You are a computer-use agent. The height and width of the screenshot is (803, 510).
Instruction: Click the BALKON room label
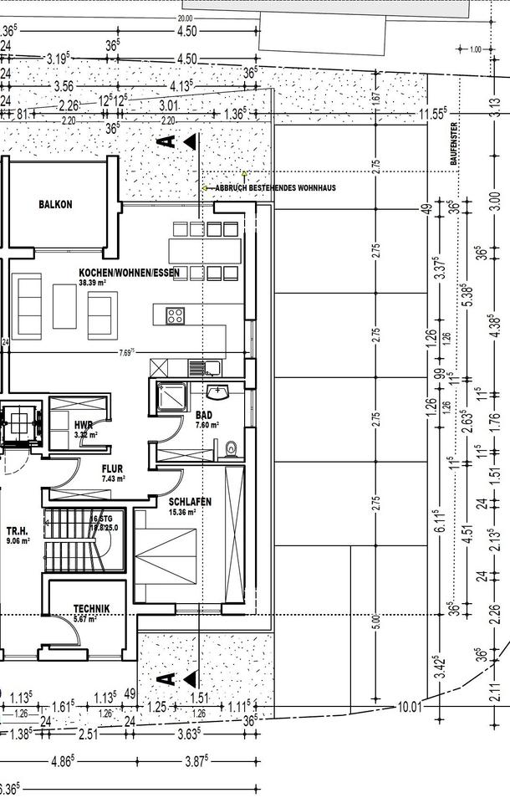click(x=55, y=205)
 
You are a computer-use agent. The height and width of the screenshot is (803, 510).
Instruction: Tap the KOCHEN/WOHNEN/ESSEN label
click(x=129, y=274)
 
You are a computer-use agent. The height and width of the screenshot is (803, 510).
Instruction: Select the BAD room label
click(x=204, y=415)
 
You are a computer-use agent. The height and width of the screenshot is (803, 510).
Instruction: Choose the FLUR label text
click(x=114, y=469)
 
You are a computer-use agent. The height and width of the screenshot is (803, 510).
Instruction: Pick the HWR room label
click(x=83, y=424)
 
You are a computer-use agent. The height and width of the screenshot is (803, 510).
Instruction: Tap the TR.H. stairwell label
click(x=18, y=531)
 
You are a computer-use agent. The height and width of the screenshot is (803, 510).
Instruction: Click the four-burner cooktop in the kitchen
click(x=176, y=315)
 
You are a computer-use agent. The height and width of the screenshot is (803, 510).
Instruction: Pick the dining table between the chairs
click(x=205, y=249)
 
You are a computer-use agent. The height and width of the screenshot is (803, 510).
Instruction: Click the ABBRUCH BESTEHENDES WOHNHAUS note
click(x=275, y=188)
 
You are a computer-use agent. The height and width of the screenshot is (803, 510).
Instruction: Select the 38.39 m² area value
click(x=92, y=284)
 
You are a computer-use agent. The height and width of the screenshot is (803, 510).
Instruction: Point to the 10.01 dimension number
click(x=408, y=707)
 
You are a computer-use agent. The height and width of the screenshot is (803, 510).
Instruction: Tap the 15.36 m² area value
click(x=183, y=512)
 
